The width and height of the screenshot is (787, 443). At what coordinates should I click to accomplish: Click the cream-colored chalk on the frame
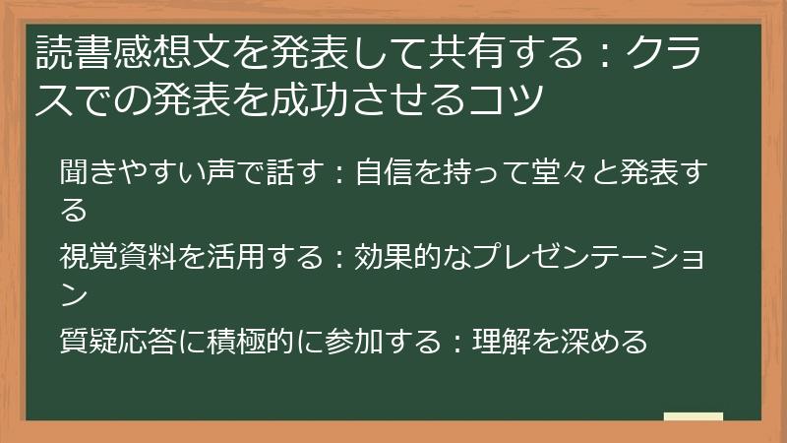click(x=693, y=417)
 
